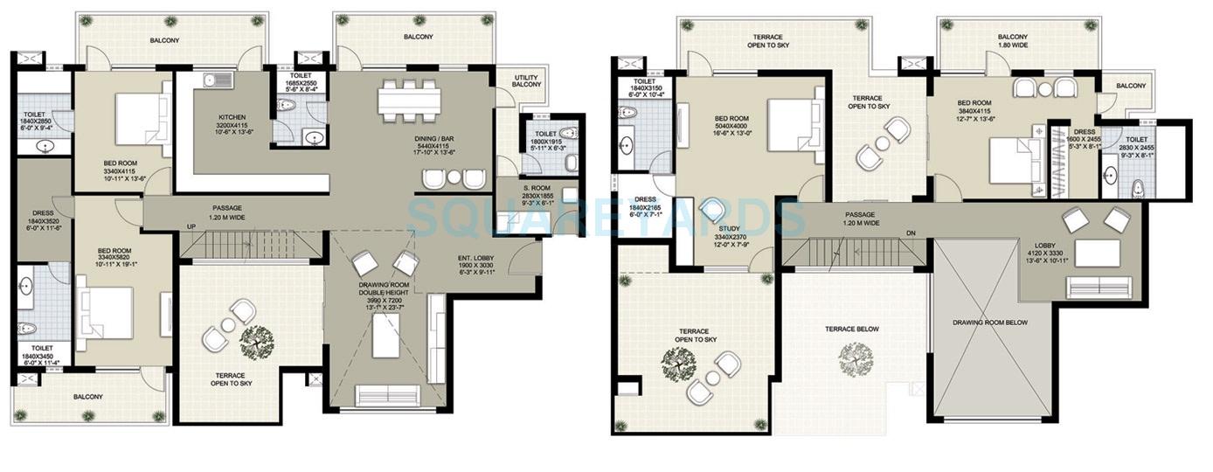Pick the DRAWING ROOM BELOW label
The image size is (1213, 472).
(989, 323)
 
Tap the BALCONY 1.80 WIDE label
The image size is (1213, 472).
(1018, 42)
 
